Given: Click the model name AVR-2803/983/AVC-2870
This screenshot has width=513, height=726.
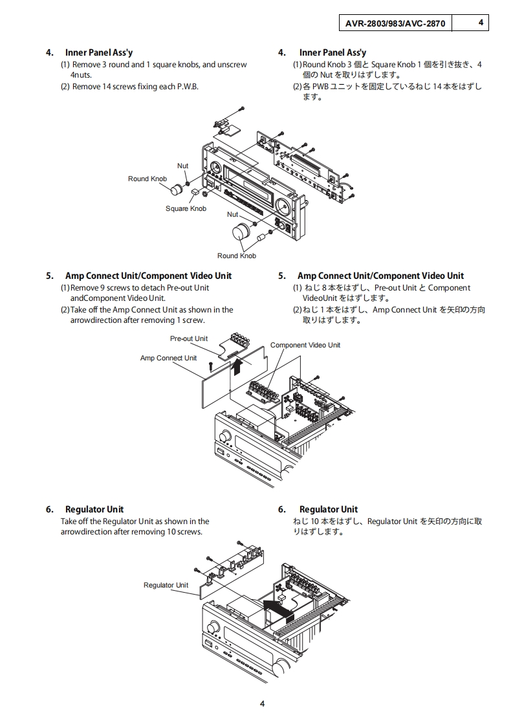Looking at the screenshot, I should [x=395, y=23].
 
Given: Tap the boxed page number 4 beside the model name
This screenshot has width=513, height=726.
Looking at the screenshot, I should [x=481, y=23].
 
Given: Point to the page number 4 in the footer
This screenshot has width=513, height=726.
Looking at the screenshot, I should [x=262, y=704].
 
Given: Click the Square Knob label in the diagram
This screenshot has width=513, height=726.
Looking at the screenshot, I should [x=186, y=208].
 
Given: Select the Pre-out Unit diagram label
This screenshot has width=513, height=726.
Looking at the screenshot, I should [x=189, y=338].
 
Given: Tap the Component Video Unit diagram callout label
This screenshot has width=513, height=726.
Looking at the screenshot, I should [x=305, y=345].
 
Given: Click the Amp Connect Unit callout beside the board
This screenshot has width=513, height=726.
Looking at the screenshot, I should [x=168, y=358].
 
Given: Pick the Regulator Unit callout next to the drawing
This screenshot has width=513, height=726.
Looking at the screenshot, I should [x=166, y=585].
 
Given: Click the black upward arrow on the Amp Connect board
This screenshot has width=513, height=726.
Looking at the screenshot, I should [x=237, y=368].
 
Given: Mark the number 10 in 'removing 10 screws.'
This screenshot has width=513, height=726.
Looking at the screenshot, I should [x=171, y=532].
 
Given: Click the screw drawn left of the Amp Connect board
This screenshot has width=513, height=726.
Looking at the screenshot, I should [x=211, y=366].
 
